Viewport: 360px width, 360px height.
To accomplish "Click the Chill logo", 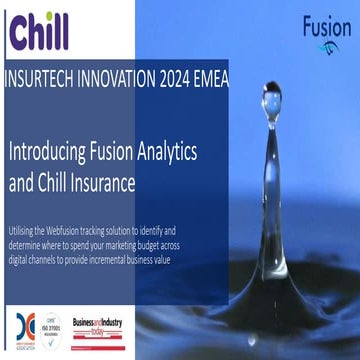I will [40, 32].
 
